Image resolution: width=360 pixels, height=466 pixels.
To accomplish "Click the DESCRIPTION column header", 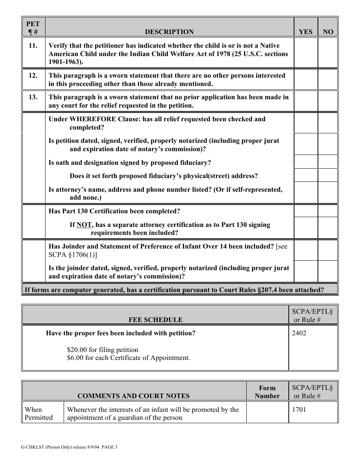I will [x=169, y=32].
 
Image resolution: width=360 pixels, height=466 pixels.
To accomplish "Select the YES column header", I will [x=305, y=32].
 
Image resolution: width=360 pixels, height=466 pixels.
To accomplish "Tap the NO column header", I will [x=328, y=32].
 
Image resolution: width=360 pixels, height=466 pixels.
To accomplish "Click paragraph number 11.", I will [x=33, y=45].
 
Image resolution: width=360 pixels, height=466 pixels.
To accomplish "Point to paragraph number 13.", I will [x=33, y=97].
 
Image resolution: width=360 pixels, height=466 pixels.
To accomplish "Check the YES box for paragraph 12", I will [x=305, y=79].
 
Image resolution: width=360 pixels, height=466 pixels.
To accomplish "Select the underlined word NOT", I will [x=84, y=225].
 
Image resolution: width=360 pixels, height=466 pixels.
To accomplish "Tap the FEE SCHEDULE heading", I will [x=155, y=320].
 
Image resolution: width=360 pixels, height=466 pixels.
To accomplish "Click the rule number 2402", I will [x=299, y=333].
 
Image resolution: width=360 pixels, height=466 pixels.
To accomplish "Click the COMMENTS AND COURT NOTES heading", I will [x=133, y=396].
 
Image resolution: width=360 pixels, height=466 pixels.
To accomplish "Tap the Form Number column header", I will [x=267, y=392].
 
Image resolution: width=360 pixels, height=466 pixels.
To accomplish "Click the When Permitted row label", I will [x=39, y=413].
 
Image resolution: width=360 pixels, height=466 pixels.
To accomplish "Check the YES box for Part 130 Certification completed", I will [x=305, y=211].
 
